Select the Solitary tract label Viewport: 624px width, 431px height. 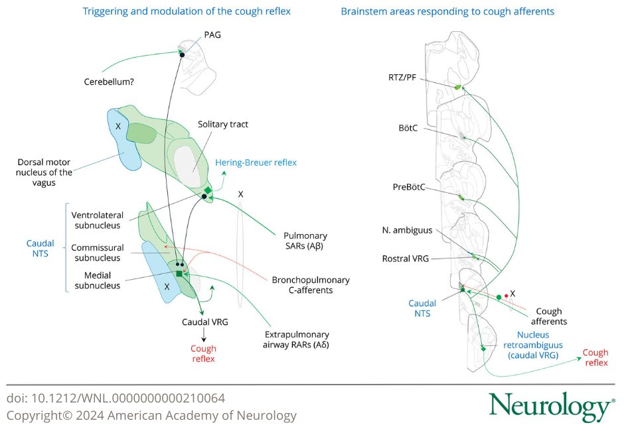223,124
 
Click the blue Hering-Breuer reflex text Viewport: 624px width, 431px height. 256,162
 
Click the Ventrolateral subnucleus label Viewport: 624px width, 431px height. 96,219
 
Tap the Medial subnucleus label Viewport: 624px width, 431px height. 98,280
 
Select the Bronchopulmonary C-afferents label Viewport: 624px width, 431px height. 311,285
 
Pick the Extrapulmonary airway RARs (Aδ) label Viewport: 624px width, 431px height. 296,339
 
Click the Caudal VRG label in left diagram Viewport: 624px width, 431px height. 205,322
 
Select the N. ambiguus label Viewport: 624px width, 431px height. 407,231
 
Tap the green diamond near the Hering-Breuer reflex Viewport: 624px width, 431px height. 208,191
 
